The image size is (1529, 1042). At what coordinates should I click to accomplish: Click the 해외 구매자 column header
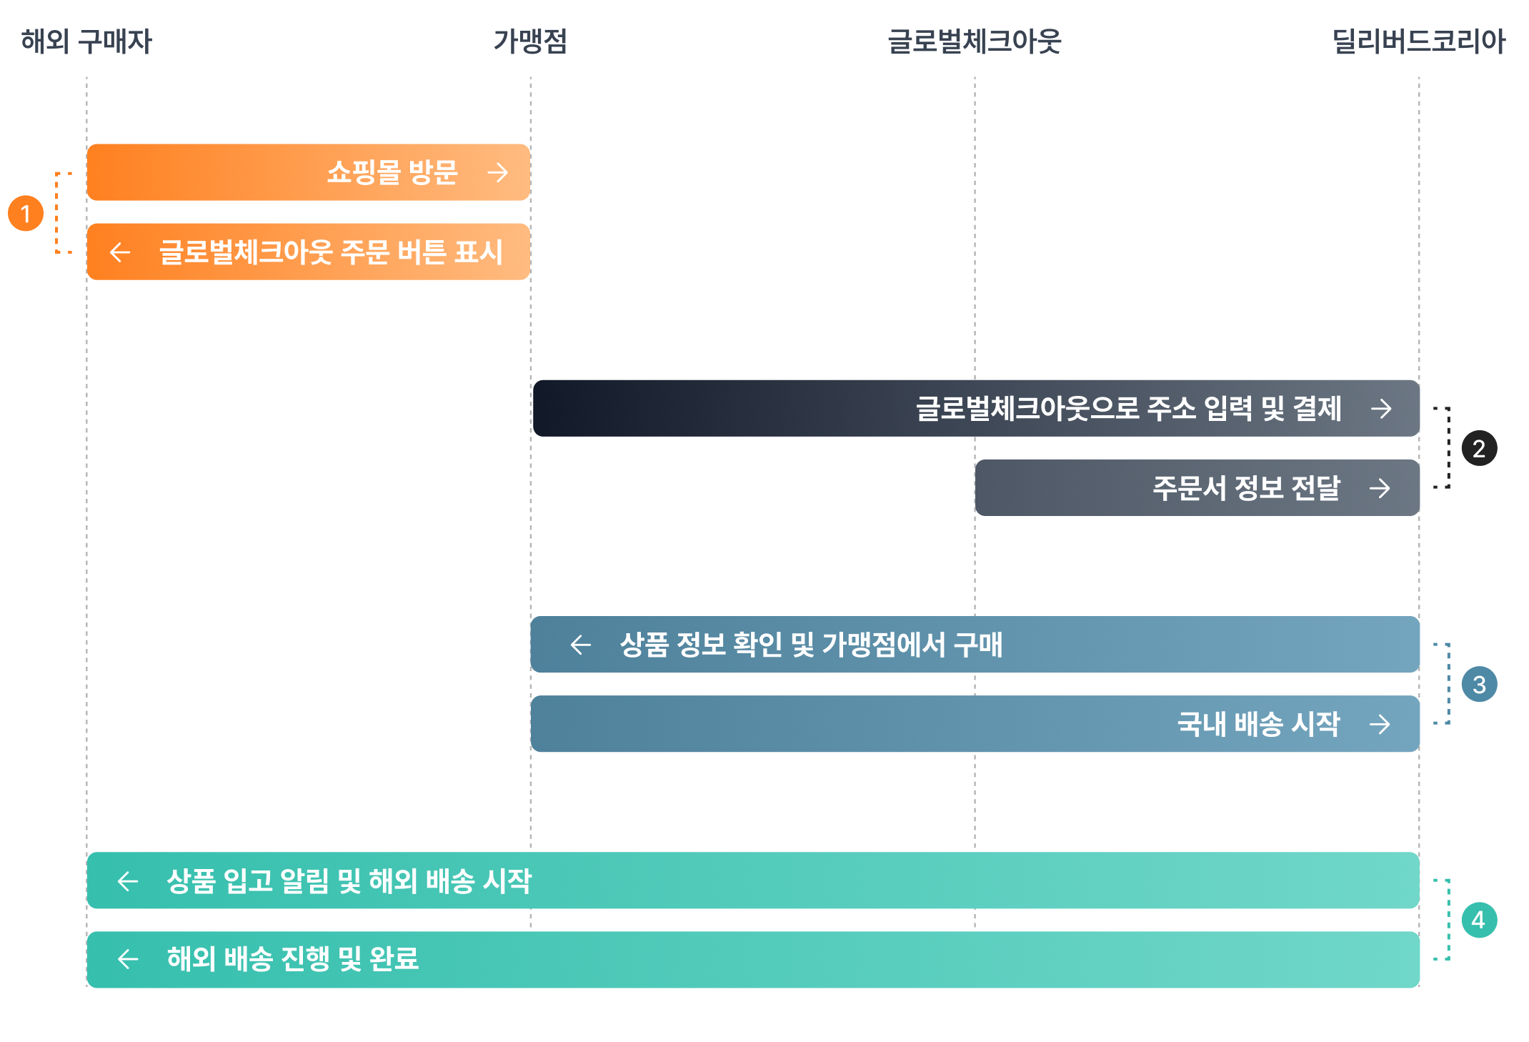click(x=86, y=41)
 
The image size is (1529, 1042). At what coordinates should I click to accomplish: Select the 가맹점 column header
click(x=530, y=41)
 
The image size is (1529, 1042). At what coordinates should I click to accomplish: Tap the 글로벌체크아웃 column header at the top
click(x=975, y=41)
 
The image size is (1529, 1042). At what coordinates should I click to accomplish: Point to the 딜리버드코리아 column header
click(x=1419, y=41)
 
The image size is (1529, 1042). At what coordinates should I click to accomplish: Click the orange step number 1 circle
click(x=26, y=214)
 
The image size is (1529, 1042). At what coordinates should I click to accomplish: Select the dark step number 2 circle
click(x=1479, y=449)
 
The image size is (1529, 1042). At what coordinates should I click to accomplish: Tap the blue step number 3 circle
click(x=1479, y=685)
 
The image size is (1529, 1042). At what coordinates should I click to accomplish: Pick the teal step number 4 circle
click(x=1479, y=920)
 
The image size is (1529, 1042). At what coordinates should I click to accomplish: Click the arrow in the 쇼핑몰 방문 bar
click(x=498, y=172)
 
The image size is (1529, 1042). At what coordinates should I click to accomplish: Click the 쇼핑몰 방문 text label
click(x=392, y=172)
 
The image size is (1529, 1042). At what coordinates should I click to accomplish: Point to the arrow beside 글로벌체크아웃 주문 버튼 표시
click(x=120, y=252)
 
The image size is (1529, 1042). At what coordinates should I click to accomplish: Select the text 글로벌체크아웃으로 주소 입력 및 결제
click(x=1129, y=409)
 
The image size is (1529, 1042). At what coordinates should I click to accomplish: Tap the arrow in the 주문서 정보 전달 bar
click(x=1380, y=488)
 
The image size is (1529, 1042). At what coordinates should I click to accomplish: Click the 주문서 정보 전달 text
click(x=1247, y=488)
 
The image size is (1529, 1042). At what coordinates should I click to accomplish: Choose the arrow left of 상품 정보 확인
click(x=581, y=645)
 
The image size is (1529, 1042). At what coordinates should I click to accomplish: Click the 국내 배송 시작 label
click(x=1259, y=724)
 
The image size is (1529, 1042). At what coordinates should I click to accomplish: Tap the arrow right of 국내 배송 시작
click(x=1380, y=724)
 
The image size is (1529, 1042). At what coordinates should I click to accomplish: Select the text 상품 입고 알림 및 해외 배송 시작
click(x=349, y=881)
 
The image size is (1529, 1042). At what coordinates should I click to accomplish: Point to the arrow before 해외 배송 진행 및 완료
click(x=128, y=959)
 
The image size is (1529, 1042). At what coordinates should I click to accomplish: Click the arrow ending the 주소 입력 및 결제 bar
click(x=1382, y=409)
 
